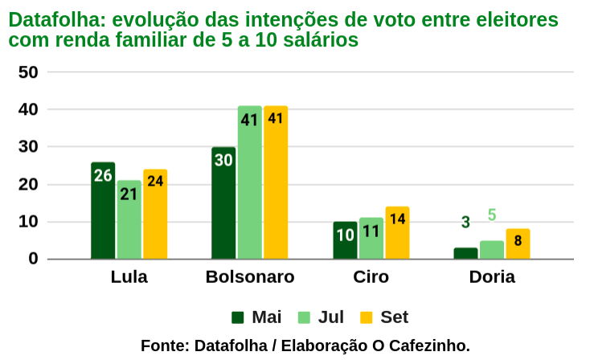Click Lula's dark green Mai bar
point(103,211)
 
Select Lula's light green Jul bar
point(129,219)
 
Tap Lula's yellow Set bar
point(155,215)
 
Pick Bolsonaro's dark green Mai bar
point(223,202)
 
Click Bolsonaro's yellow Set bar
point(276,182)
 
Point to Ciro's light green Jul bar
point(371,239)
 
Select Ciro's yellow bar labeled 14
point(397,233)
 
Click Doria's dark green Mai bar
point(465,253)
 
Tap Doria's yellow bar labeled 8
point(518,243)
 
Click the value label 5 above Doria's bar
point(492,215)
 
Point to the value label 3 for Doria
point(465,222)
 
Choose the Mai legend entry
point(256,317)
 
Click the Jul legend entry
point(320,317)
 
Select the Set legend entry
point(384,317)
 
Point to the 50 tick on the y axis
point(28,72)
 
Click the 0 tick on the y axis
point(33,259)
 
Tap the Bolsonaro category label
point(250,277)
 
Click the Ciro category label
point(371,277)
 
